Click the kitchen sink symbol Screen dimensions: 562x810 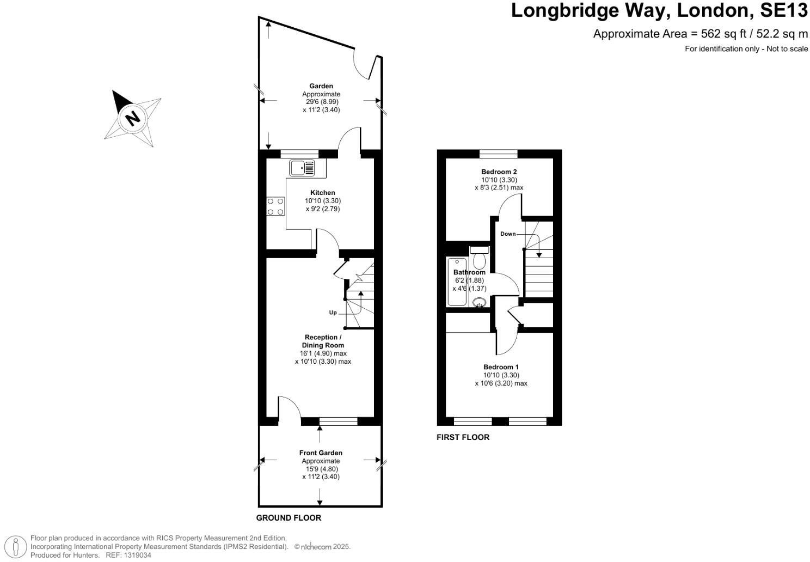pos(302,168)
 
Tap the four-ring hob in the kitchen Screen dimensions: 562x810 pos(275,206)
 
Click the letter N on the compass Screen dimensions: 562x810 pos(132,118)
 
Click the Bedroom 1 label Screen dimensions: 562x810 pos(501,367)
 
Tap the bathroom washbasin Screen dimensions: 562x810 pos(480,303)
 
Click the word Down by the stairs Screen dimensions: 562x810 pos(507,234)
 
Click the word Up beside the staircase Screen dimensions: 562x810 pos(333,313)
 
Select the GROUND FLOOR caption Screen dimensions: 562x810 pos(289,518)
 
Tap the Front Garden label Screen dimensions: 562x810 pos(321,453)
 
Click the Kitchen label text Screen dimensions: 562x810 pos(322,193)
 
